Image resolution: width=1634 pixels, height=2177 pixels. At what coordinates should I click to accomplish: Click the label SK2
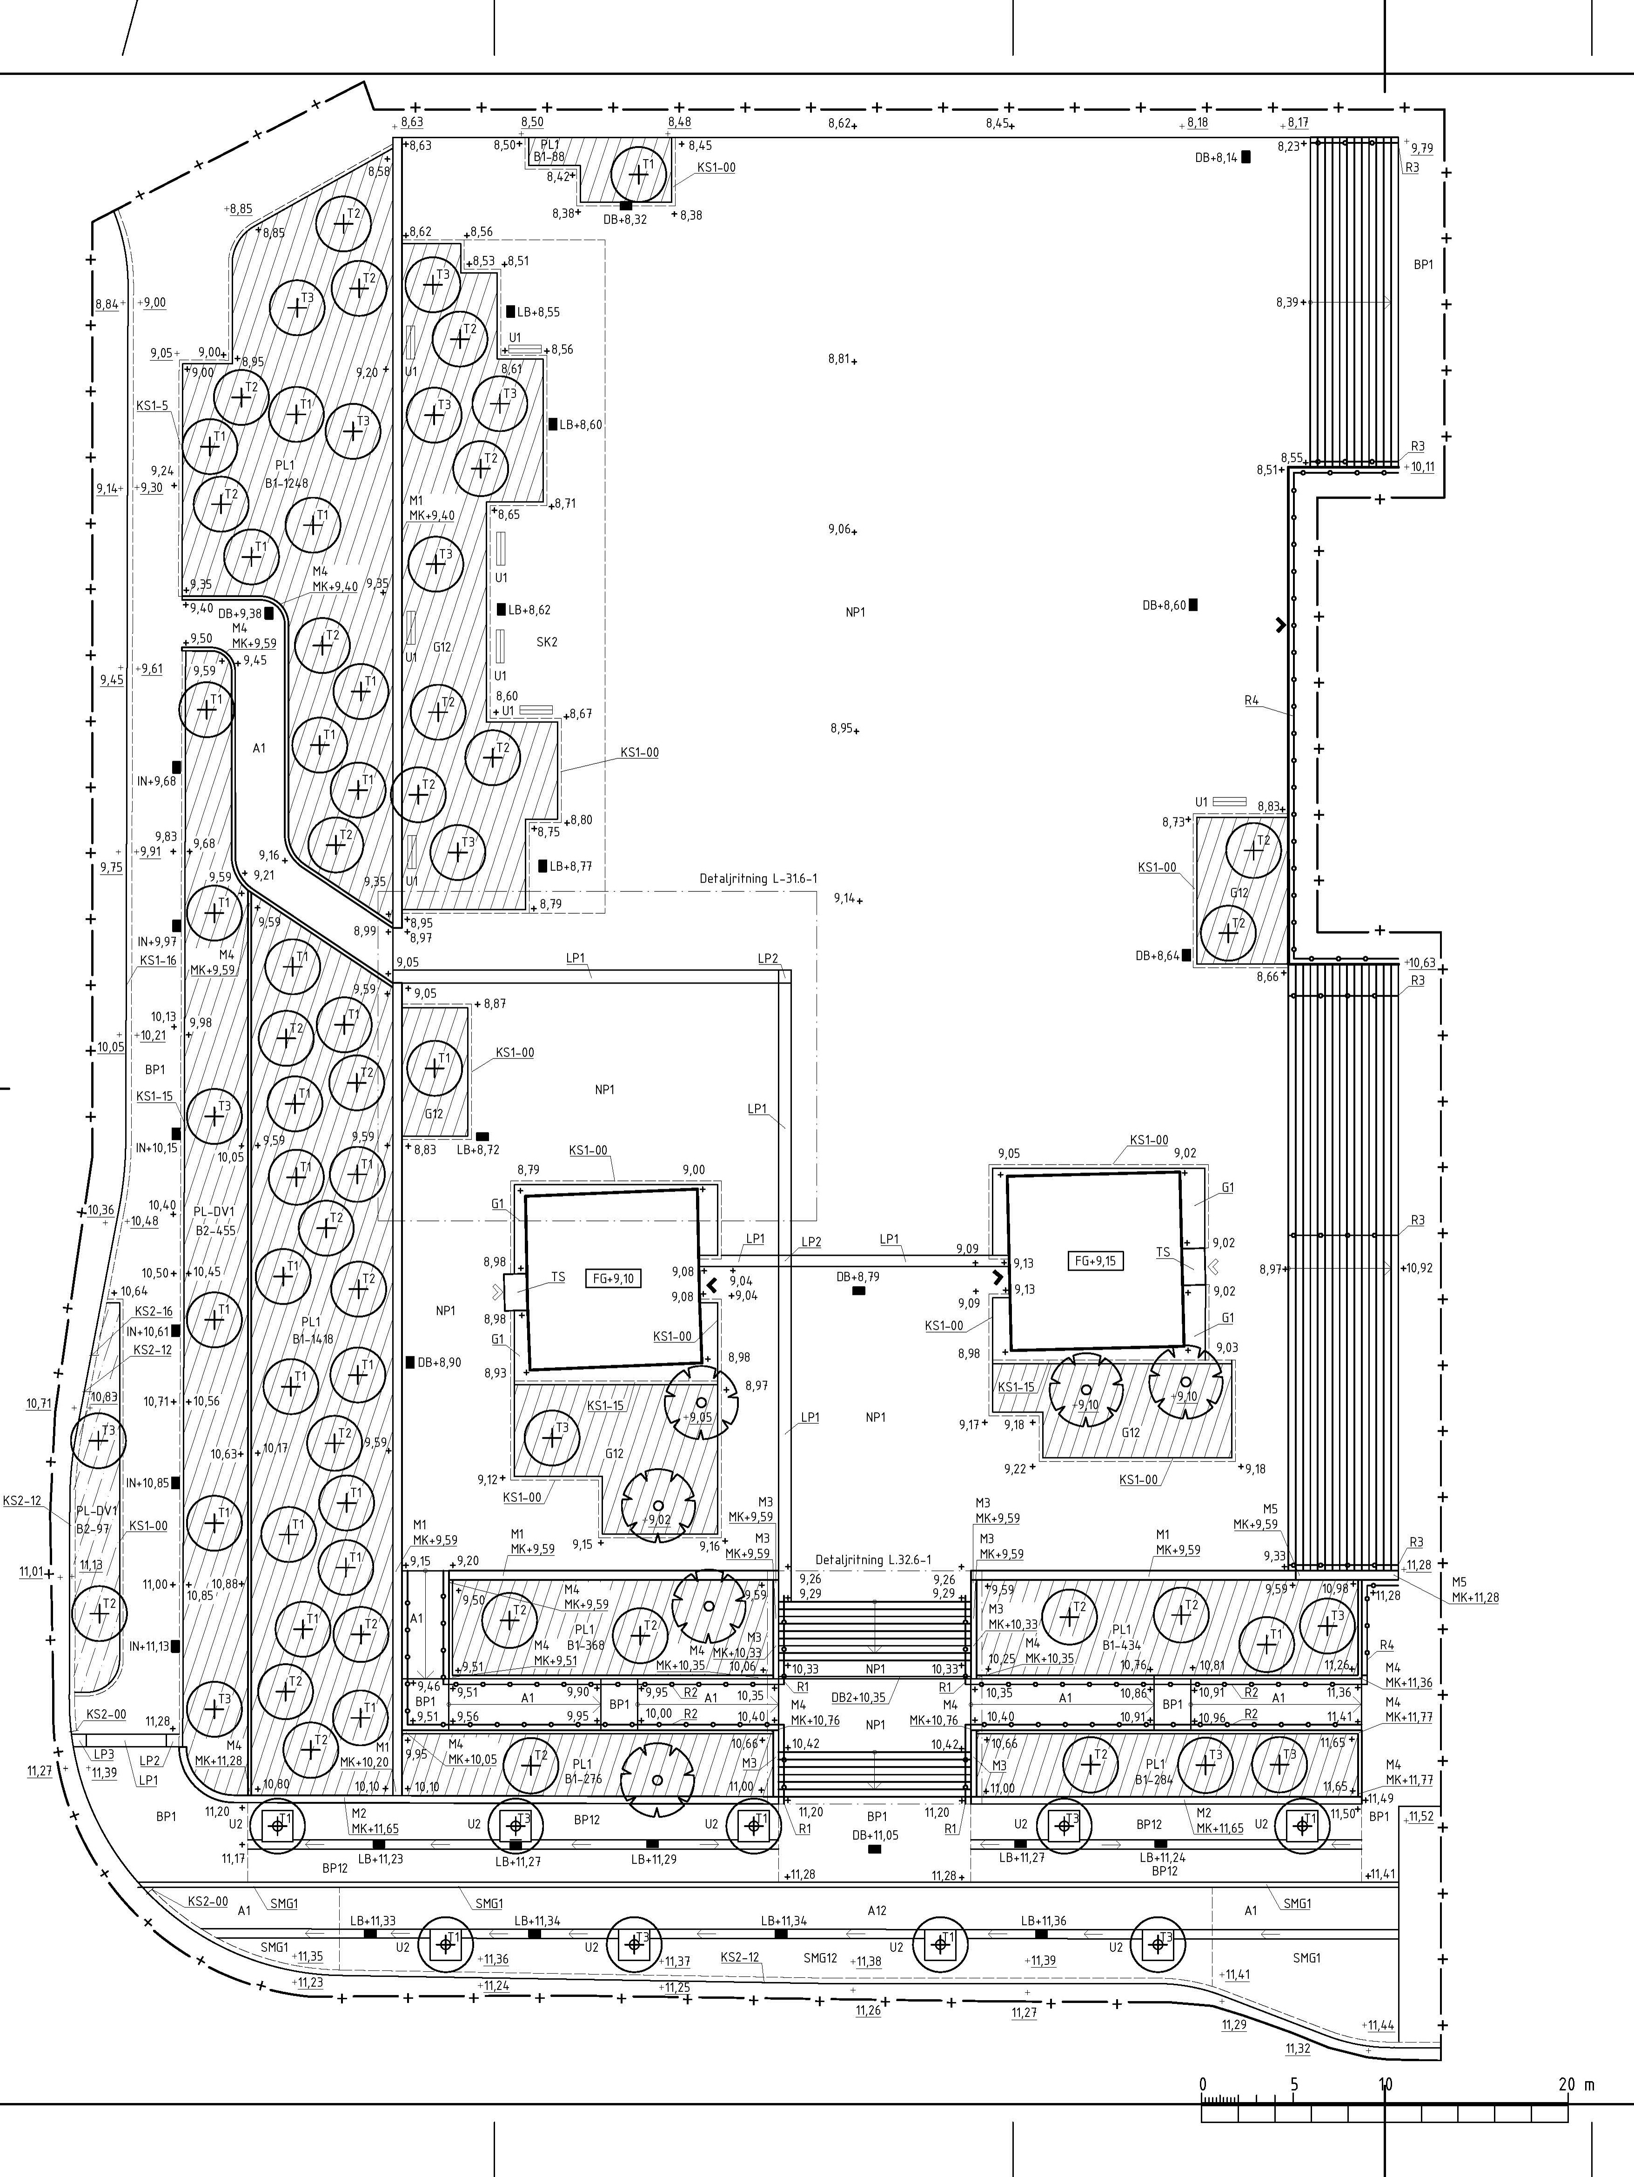pos(547,642)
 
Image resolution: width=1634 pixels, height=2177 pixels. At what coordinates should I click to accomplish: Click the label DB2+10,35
pos(858,1698)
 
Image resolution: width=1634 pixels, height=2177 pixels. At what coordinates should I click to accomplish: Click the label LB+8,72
pos(478,1150)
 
